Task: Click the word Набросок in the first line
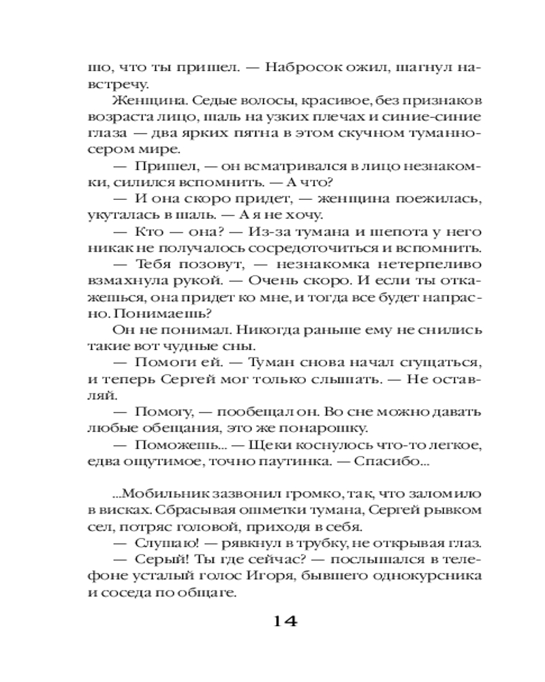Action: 294,68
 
